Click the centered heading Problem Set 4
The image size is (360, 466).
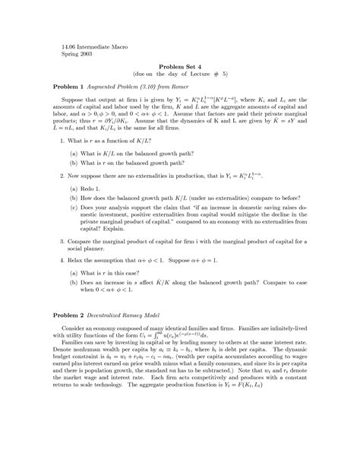tap(179, 67)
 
